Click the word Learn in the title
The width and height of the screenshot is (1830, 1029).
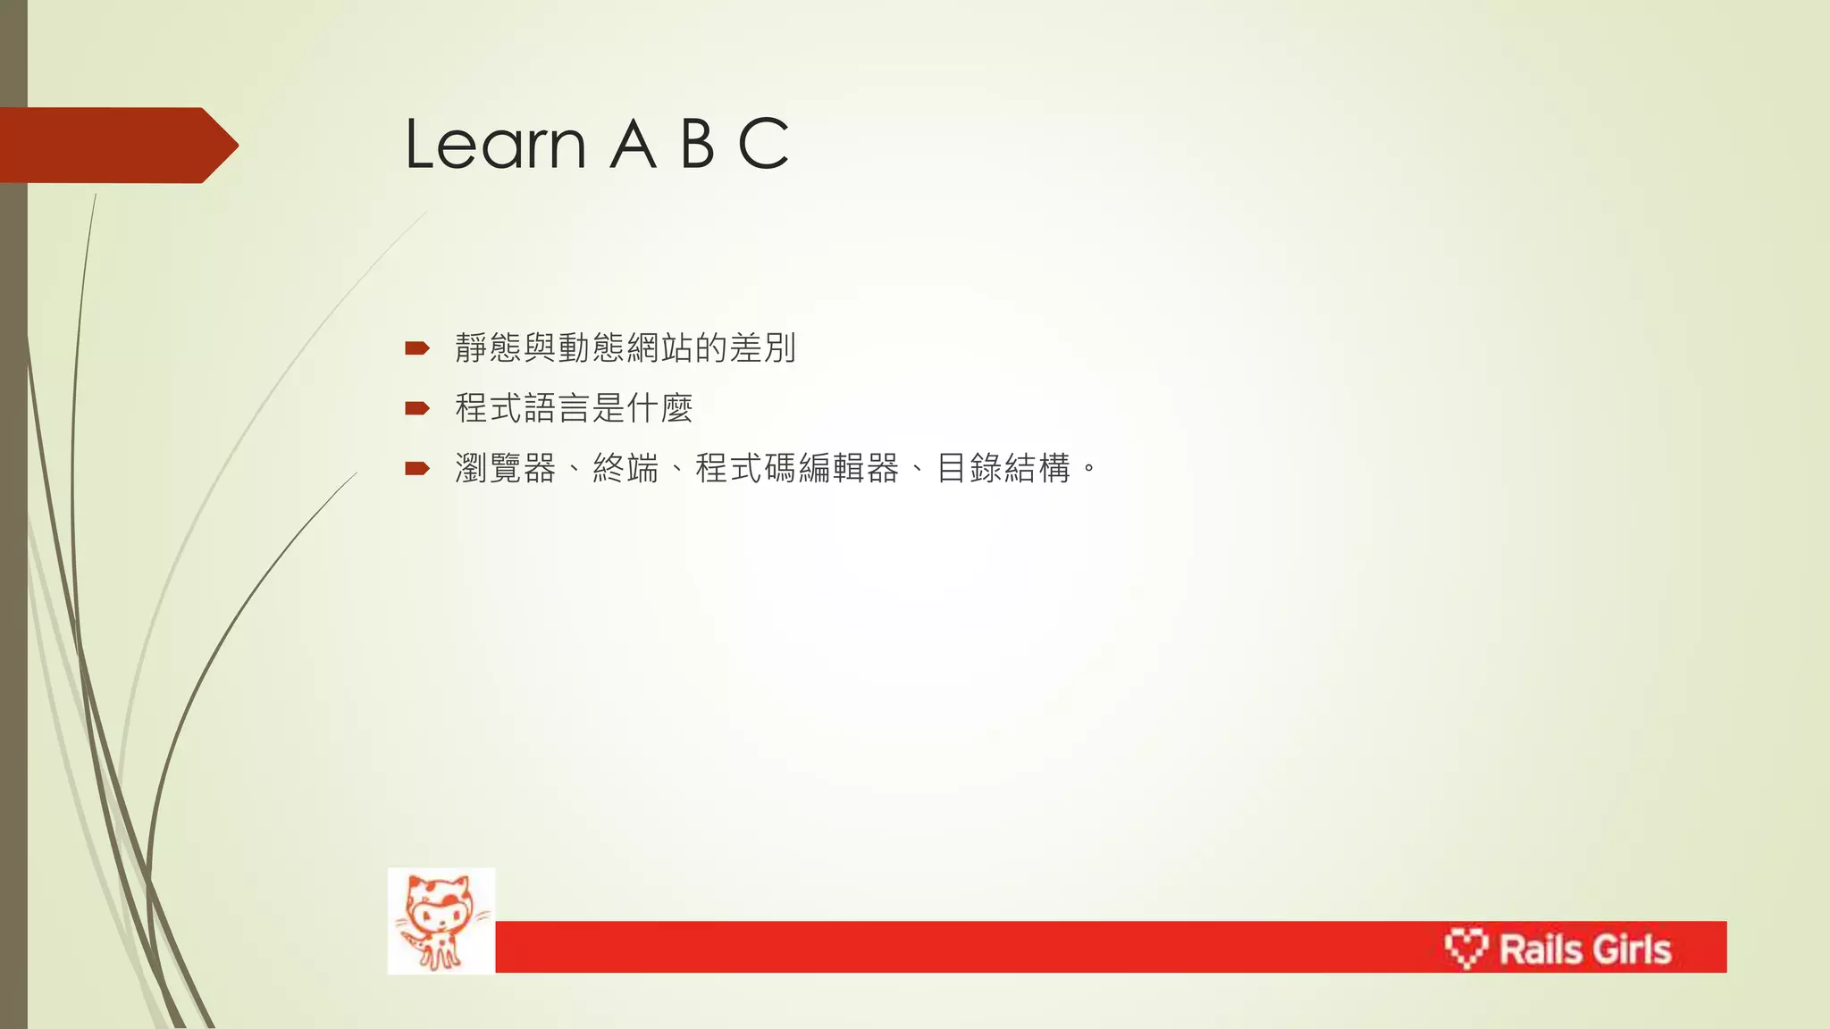(495, 144)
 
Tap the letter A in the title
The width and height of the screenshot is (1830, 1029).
(633, 144)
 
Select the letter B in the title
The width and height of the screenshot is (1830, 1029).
(698, 144)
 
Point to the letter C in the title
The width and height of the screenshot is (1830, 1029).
(764, 144)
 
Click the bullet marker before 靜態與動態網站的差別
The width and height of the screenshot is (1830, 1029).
(416, 348)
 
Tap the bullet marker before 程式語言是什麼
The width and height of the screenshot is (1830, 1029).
(416, 409)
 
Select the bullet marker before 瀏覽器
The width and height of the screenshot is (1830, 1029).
(416, 469)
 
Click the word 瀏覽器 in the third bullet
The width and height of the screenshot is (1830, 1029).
(506, 468)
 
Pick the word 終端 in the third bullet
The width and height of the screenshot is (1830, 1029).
(625, 468)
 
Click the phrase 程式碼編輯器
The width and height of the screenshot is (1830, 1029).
(797, 468)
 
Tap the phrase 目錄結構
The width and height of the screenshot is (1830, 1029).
(1003, 468)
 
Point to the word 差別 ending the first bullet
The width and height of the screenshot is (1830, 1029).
(762, 347)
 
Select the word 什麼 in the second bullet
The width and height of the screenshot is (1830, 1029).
(660, 408)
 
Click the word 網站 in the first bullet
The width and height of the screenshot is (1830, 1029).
(659, 347)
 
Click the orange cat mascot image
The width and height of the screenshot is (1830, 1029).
(441, 921)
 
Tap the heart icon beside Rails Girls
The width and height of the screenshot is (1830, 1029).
(1466, 948)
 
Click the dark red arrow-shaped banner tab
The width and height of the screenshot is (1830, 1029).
(116, 146)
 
